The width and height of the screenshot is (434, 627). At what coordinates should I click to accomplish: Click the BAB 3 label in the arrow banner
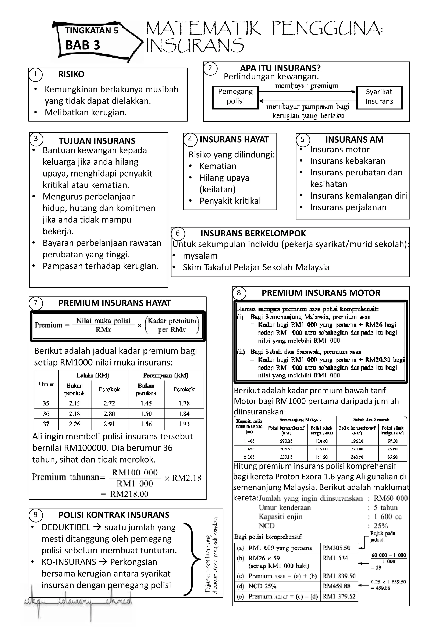tap(83, 45)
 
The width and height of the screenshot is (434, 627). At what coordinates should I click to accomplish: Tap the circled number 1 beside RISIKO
tap(35, 74)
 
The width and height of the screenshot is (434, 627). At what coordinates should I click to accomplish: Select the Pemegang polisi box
tap(235, 97)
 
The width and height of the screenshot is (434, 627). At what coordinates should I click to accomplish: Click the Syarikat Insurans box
tap(379, 97)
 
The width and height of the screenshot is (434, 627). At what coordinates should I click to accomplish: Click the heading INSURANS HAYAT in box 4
tap(234, 139)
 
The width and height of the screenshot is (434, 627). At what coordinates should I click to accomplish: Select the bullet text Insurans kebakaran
tap(348, 161)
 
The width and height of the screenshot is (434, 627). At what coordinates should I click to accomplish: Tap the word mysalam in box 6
tap(200, 256)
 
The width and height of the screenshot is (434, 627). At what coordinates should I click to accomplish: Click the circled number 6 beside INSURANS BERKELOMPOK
tap(178, 233)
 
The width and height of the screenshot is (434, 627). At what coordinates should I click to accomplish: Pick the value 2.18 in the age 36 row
tap(75, 414)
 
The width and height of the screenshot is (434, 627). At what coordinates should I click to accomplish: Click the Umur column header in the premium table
tap(46, 384)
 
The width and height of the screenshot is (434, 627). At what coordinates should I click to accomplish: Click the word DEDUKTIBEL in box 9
tap(66, 527)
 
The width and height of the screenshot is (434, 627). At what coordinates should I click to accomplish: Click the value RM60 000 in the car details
tap(391, 498)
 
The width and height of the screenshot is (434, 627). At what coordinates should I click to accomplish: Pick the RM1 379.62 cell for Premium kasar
tap(339, 596)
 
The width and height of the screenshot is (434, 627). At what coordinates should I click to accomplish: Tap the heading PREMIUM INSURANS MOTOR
tap(321, 293)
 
